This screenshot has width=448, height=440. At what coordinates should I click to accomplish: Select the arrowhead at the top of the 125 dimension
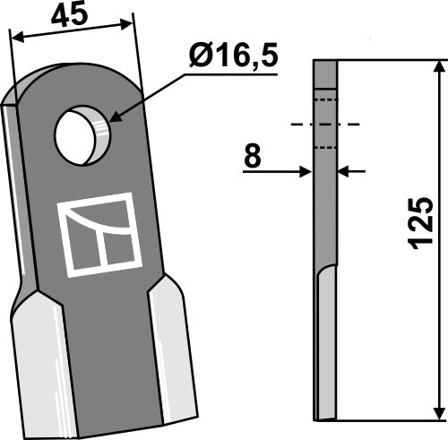438,67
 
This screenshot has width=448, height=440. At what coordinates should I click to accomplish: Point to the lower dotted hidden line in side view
325,146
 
